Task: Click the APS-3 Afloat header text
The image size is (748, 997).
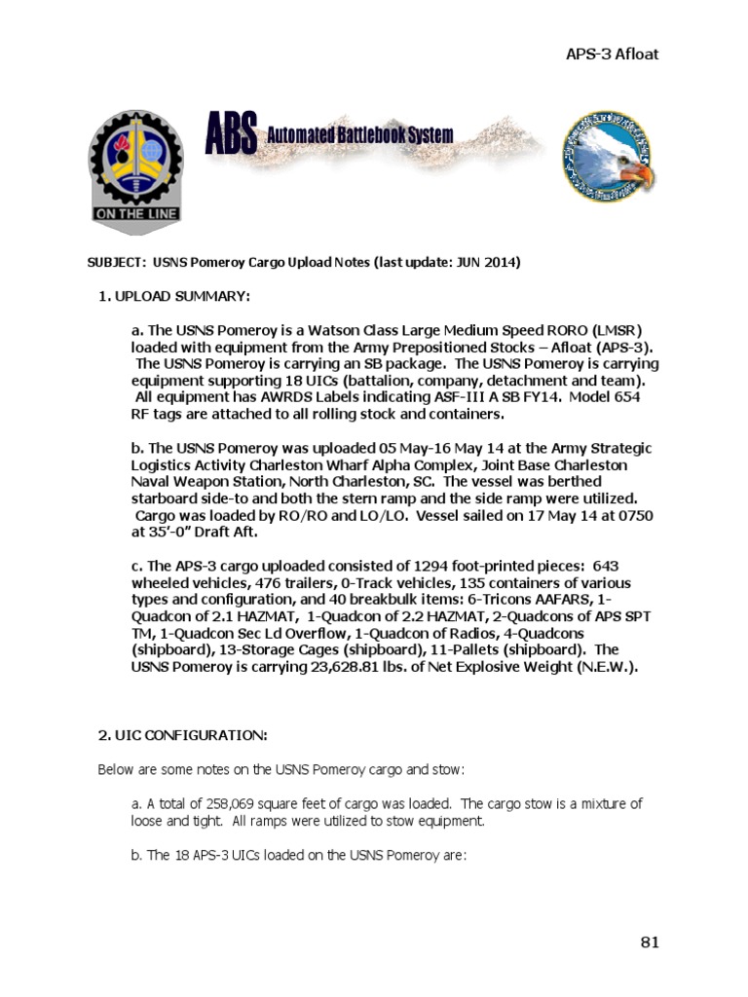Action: [612, 54]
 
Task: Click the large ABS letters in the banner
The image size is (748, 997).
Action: [232, 133]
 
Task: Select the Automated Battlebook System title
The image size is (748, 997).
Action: [360, 135]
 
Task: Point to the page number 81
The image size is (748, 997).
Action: [650, 942]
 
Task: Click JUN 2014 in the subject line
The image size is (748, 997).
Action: [491, 263]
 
